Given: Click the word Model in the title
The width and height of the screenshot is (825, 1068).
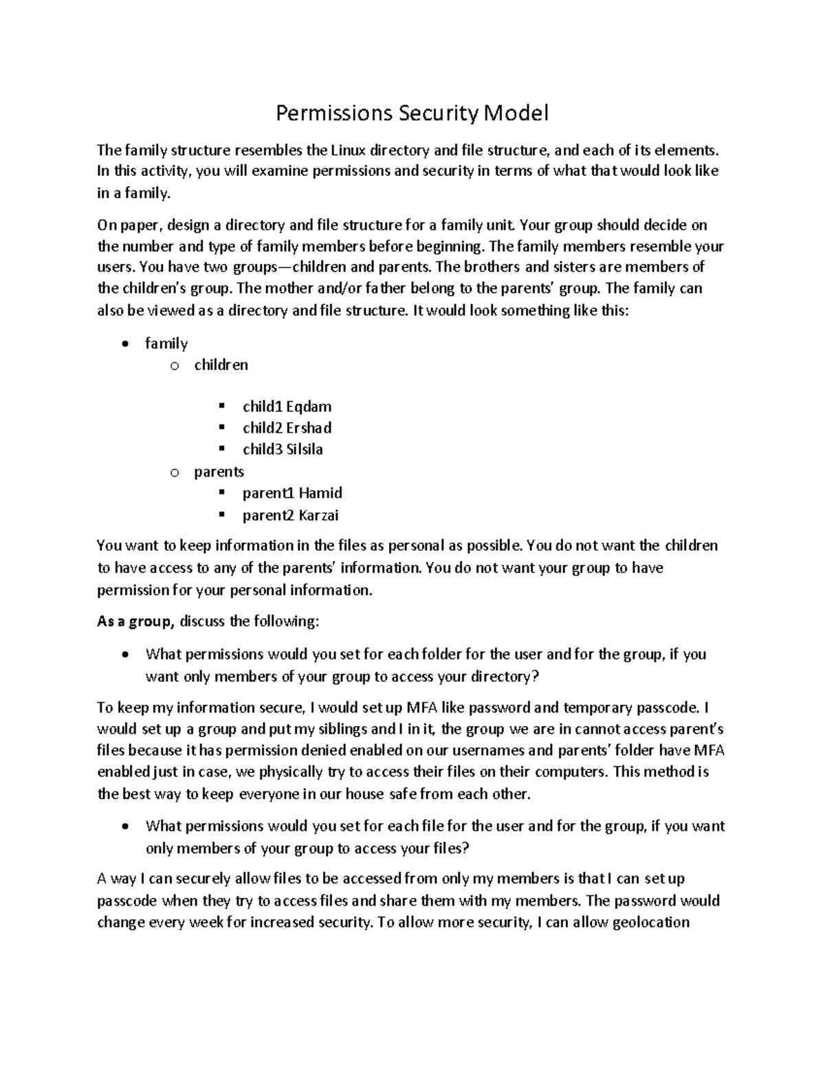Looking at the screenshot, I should coord(517,113).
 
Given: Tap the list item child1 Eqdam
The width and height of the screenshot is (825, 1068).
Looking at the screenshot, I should coord(287,406).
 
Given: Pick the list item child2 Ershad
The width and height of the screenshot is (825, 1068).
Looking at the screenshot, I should coord(287,428).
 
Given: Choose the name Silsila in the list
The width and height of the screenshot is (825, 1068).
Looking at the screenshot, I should coord(305,450).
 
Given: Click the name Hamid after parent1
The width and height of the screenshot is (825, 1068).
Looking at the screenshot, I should coord(320,493).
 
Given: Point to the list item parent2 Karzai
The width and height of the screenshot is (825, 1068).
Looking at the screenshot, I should coord(290,515).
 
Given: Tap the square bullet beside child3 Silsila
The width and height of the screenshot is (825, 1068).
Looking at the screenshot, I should coord(221,450).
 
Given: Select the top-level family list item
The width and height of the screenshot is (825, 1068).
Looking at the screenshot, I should coord(166,343).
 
